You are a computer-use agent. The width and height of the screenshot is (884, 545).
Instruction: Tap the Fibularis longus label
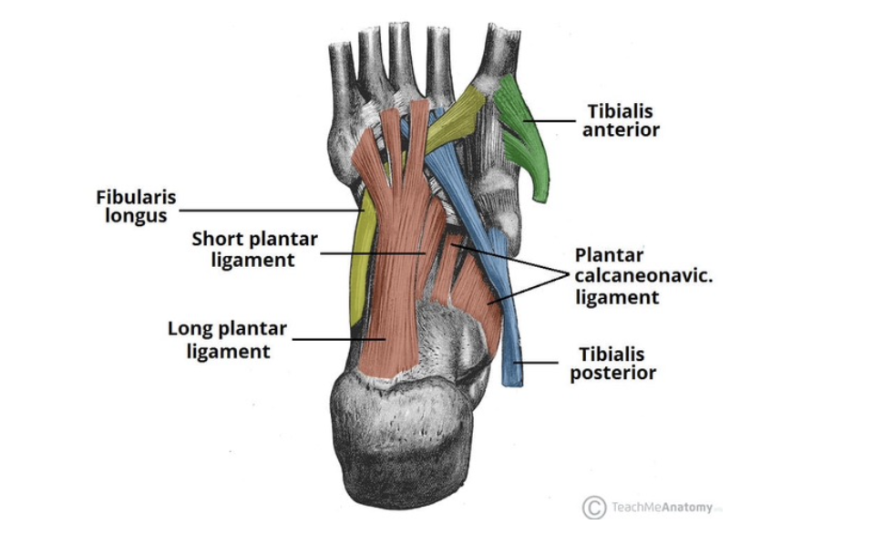[136, 206]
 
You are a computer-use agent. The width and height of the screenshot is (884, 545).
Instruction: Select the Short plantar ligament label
[254, 249]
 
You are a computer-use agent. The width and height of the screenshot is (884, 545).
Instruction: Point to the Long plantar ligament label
[227, 339]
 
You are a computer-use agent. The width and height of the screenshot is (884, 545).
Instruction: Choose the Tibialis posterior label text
[612, 363]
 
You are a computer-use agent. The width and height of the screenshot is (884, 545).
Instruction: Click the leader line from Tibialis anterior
[551, 118]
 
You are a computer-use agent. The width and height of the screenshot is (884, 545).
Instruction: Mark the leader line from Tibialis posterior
[541, 363]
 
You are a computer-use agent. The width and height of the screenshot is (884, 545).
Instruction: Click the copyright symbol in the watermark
[593, 508]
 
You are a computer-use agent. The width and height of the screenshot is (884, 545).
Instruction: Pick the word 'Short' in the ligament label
[215, 240]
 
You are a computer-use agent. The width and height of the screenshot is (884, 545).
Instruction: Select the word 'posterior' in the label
[613, 373]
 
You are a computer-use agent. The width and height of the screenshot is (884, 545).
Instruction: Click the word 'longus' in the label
[136, 216]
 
